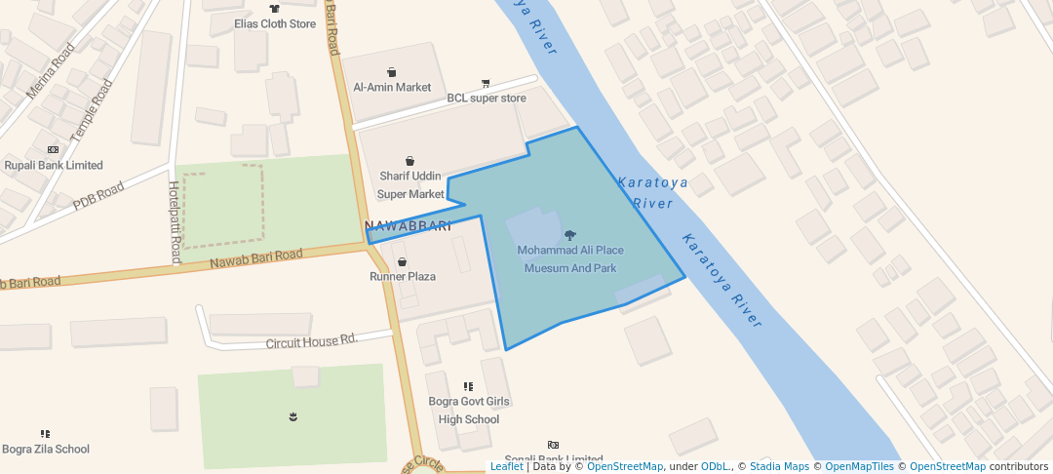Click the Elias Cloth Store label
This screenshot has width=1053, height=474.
[x=275, y=23]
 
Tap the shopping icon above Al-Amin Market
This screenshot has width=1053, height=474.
[x=392, y=71]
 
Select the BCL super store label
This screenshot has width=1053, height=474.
[x=487, y=99]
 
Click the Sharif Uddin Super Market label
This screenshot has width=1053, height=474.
[x=410, y=184]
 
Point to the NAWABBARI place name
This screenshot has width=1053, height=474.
[x=408, y=227]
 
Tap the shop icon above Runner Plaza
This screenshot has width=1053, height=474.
[x=402, y=261]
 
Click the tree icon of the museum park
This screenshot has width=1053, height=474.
[x=570, y=235]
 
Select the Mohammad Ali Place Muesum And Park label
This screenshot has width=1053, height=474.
[x=570, y=258]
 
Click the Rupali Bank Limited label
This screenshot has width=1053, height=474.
[x=54, y=165]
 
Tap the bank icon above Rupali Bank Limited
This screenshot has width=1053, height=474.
[x=53, y=149]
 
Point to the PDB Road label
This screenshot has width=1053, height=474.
[x=98, y=196]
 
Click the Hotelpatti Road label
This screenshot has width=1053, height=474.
[x=175, y=222]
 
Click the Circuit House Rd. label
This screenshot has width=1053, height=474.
[x=312, y=341]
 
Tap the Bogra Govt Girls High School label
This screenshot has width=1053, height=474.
[x=469, y=410]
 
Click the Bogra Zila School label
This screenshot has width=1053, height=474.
[x=46, y=450]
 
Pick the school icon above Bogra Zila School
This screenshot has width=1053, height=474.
[x=45, y=433]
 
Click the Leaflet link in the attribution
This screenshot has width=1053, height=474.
[x=506, y=466]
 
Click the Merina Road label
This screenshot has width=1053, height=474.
[x=51, y=70]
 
